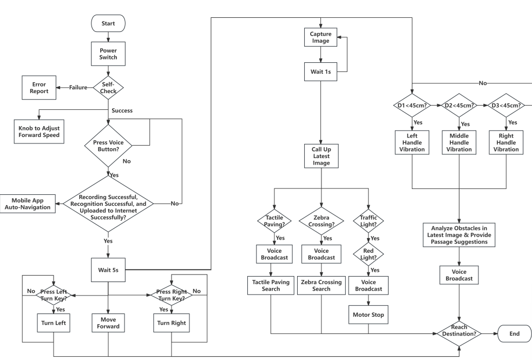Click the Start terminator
point(108,23)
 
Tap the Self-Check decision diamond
point(108,87)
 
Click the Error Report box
point(39,87)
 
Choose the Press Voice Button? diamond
point(108,145)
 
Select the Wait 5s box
point(108,269)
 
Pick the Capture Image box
point(321,36)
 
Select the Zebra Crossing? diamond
point(321,220)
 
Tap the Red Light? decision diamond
point(369,253)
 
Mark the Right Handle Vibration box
point(506,142)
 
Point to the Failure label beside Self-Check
point(77,87)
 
